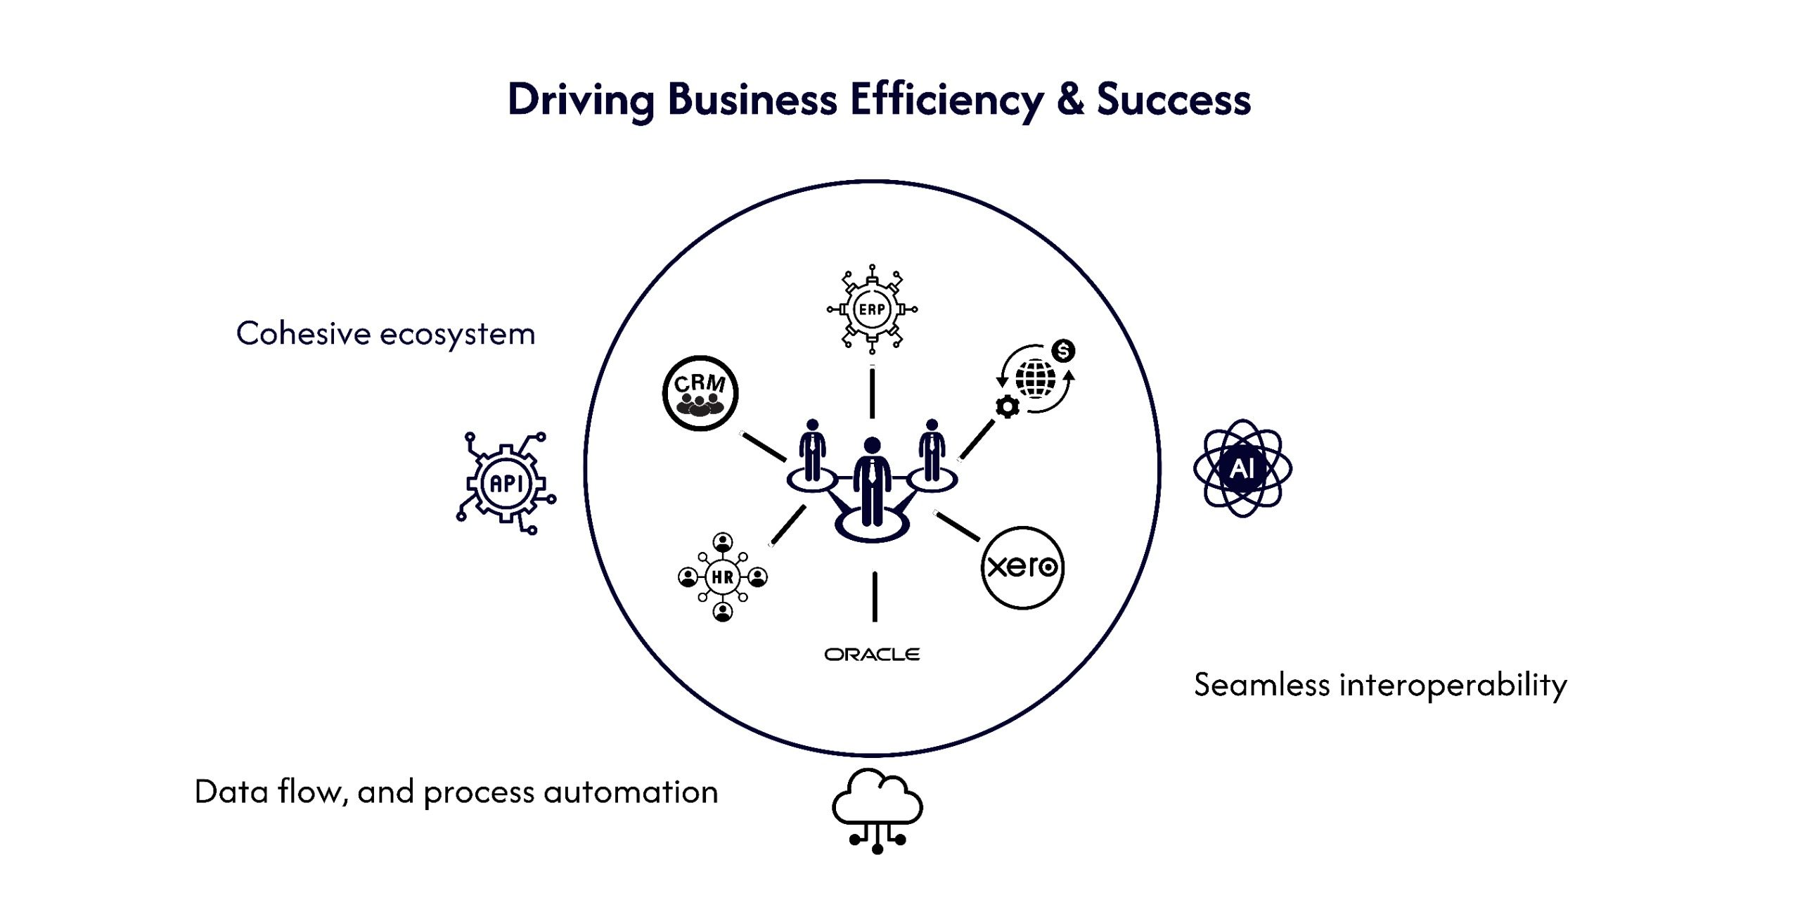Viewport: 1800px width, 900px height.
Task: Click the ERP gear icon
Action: [x=872, y=309]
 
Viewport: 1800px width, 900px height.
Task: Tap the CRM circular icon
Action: [x=700, y=393]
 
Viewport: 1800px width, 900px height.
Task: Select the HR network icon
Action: [x=723, y=577]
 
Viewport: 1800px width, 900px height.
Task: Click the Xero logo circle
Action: [x=1022, y=567]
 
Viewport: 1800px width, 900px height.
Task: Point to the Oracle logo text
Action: [x=872, y=655]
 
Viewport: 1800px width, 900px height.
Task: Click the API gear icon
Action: [x=506, y=483]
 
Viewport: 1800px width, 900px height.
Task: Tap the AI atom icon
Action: [x=1242, y=468]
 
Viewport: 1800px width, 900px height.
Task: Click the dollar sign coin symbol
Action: [x=1063, y=350]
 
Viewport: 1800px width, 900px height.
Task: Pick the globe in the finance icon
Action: [x=1036, y=379]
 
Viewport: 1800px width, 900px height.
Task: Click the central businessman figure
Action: [x=872, y=482]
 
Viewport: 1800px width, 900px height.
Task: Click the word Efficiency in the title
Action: [x=946, y=99]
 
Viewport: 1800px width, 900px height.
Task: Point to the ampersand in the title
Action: [x=1069, y=99]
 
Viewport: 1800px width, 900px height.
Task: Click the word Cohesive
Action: [x=303, y=333]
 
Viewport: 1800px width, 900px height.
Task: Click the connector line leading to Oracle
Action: [x=875, y=597]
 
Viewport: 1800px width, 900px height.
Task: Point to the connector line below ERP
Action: [x=872, y=393]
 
